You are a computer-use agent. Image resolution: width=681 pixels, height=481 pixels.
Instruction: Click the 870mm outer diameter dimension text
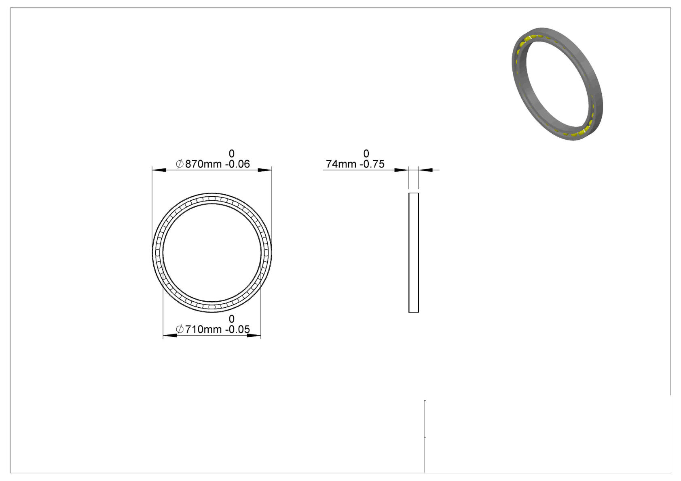tap(203, 164)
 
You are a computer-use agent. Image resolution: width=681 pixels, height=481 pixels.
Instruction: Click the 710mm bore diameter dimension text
tap(203, 330)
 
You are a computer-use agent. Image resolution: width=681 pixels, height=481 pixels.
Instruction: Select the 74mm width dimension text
tap(341, 164)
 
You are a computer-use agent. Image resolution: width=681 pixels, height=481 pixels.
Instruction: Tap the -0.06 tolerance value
tap(237, 164)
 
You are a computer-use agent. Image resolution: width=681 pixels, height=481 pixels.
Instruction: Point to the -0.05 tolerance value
tap(237, 330)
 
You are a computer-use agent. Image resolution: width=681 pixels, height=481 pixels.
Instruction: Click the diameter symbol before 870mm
tap(180, 164)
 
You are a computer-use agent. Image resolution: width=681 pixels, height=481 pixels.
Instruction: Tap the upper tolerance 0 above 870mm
tap(232, 153)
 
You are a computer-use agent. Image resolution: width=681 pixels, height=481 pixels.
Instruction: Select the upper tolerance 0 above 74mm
tap(366, 153)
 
